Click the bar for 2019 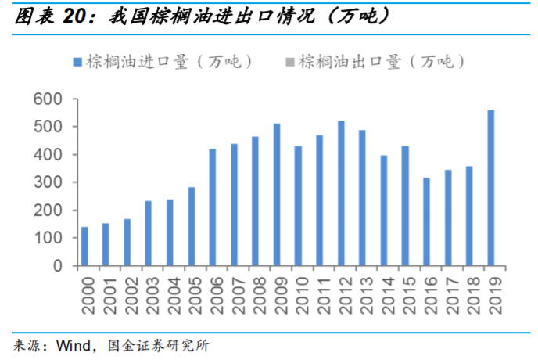[x=491, y=188]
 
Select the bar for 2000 [x=84, y=247]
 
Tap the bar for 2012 [x=341, y=193]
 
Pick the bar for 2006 [x=213, y=207]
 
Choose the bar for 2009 [x=277, y=195]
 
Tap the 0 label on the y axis [x=57, y=266]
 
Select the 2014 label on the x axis [x=384, y=293]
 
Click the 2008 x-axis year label [x=256, y=293]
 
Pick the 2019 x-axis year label [x=491, y=293]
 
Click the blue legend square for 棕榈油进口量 [x=77, y=62]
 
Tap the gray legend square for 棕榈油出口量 [x=291, y=62]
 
